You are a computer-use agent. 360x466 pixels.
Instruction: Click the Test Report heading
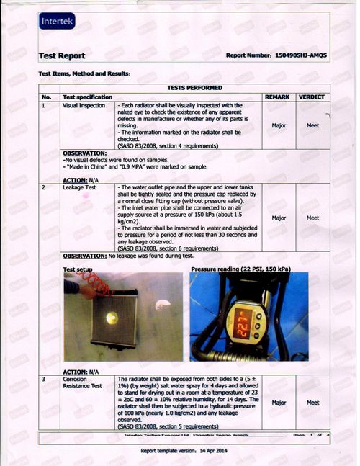pyautogui.click(x=62, y=56)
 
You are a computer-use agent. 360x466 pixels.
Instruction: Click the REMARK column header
pyautogui.click(x=277, y=97)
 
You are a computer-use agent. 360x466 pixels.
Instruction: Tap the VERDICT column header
pyautogui.click(x=311, y=97)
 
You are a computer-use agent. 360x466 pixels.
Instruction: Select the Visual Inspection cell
pyautogui.click(x=81, y=105)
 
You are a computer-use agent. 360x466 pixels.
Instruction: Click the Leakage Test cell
pyautogui.click(x=78, y=188)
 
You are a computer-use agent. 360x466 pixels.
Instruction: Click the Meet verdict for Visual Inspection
pyautogui.click(x=312, y=125)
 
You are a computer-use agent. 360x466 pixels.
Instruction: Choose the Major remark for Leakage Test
pyautogui.click(x=279, y=218)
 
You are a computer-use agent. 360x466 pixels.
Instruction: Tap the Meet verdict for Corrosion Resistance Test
pyautogui.click(x=312, y=403)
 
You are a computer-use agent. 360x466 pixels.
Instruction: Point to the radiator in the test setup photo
pyautogui.click(x=112, y=318)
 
